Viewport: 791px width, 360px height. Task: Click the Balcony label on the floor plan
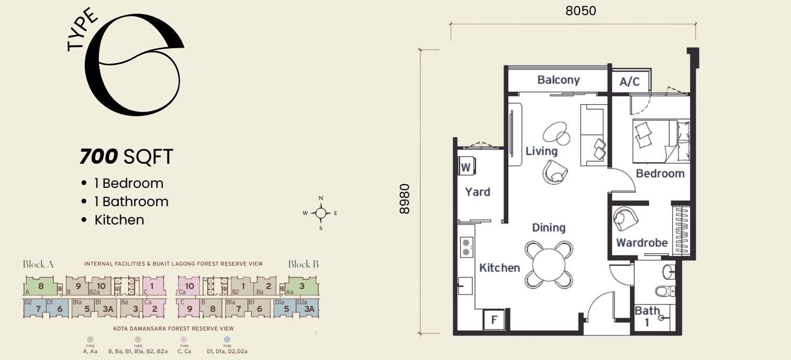558,80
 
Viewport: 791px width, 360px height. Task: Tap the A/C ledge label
629,82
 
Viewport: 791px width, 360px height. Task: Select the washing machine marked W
465,167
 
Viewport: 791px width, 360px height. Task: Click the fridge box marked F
494,320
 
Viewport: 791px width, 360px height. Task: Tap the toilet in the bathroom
665,291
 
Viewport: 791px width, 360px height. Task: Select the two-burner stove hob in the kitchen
465,248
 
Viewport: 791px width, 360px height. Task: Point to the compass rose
321,213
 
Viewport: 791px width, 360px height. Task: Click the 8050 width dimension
581,11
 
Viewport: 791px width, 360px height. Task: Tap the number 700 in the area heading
99,156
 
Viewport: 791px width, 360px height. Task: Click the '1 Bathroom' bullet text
131,201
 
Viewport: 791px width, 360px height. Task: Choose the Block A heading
38,264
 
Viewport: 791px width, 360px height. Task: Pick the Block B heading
303,264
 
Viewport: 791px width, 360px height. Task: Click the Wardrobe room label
641,243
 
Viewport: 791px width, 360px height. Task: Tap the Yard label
477,192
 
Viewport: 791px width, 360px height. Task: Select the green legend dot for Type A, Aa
91,340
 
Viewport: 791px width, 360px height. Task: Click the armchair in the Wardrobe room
626,218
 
